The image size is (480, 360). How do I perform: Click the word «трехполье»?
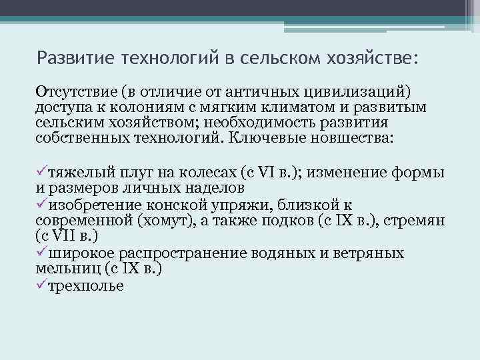click(86, 285)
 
